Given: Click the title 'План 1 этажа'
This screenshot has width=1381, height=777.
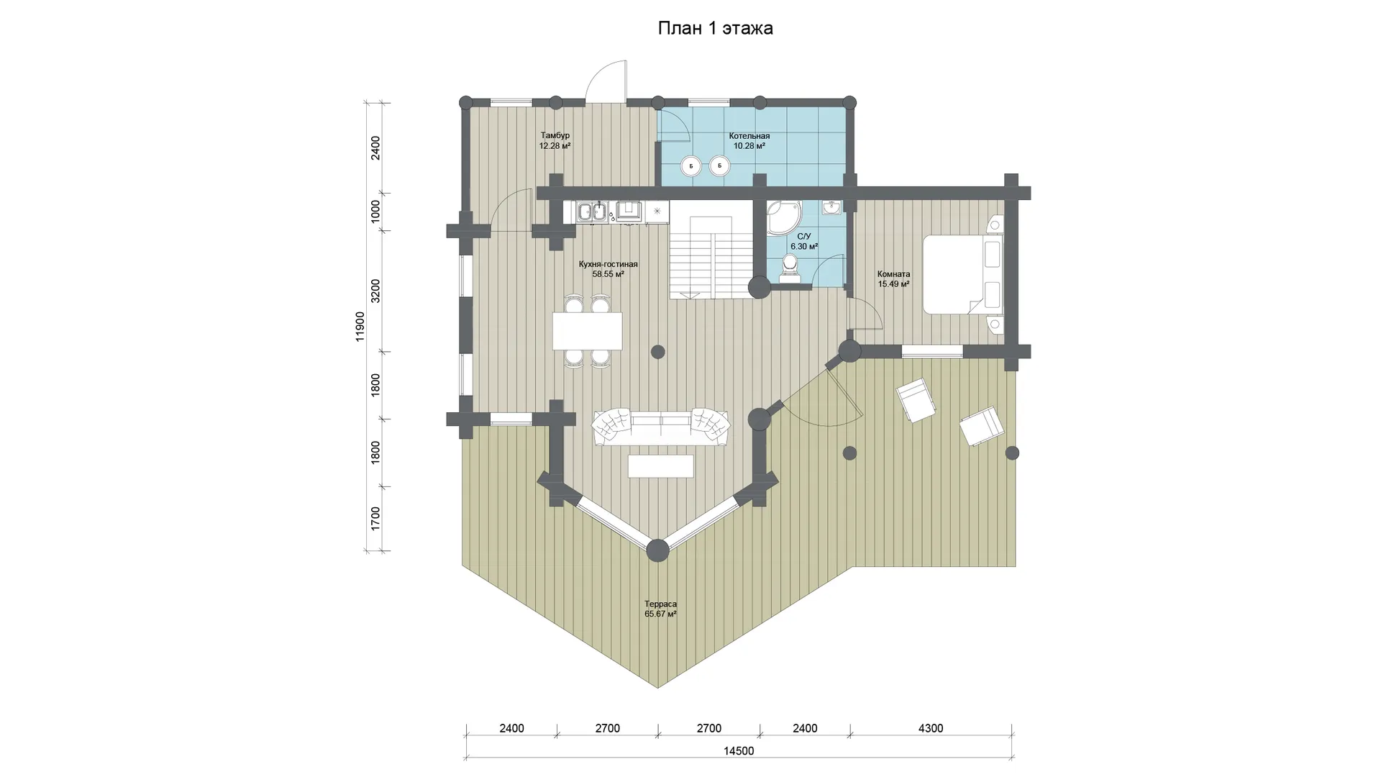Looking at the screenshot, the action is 715,28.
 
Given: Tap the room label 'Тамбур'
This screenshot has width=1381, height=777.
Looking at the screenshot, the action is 555,135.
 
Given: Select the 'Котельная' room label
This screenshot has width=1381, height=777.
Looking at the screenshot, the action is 749,136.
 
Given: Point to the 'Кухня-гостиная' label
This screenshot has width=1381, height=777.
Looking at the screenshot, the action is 608,264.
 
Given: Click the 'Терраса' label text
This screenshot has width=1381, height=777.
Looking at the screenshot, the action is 660,604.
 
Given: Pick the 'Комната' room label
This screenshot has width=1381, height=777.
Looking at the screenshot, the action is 893,274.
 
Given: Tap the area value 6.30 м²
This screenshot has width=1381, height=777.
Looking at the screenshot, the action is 804,246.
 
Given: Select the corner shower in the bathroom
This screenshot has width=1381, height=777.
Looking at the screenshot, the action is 781,217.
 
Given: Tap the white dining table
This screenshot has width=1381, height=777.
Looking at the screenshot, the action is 587,331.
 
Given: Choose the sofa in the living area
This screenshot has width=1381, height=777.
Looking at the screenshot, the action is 660,427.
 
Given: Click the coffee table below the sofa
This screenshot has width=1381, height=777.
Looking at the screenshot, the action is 660,466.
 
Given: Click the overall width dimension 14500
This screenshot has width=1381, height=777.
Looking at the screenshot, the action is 739,751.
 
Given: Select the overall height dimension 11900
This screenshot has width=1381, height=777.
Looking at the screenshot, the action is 360,326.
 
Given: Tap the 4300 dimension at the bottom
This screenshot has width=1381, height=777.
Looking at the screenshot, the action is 931,728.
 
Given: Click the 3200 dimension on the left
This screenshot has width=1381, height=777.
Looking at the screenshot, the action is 375,291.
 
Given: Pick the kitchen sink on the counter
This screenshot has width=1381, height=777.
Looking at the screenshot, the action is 592,212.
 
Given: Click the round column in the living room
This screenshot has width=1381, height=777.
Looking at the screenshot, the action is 657,352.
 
